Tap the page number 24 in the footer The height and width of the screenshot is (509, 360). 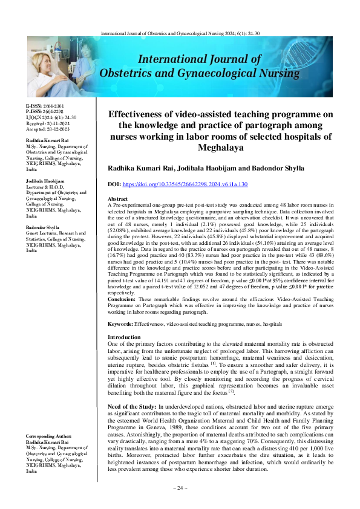(180, 487)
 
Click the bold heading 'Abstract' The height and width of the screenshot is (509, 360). (117, 199)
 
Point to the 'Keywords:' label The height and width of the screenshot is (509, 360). (120, 325)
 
